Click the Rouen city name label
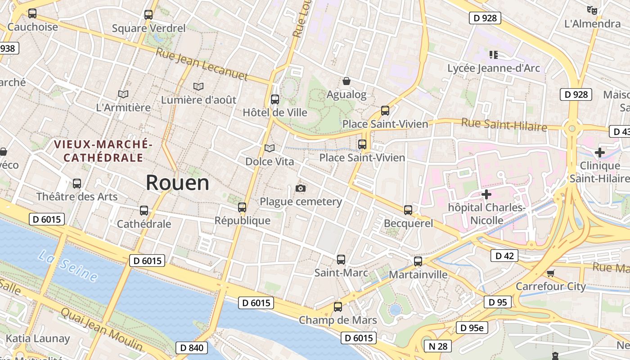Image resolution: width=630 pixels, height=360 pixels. tap(177, 183)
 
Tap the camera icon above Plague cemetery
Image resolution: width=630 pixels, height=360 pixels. tap(301, 188)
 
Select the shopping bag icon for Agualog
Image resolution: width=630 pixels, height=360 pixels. tap(346, 81)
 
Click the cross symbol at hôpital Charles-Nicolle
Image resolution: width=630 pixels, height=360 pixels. tap(486, 194)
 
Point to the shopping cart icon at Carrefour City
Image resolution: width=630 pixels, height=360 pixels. tap(550, 273)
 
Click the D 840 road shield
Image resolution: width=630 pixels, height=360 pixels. tap(192, 348)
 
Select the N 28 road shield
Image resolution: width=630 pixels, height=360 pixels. tap(438, 346)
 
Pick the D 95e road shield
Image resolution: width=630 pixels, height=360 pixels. tap(472, 328)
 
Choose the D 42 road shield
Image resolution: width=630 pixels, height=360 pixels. tap(504, 256)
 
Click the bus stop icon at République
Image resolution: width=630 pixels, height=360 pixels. tap(242, 207)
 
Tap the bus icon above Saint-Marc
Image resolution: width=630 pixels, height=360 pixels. tap(341, 260)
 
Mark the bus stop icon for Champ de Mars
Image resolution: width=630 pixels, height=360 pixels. tap(338, 307)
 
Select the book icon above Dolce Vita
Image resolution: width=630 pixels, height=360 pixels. tap(270, 148)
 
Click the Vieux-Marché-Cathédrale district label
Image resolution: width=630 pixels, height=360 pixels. tap(103, 151)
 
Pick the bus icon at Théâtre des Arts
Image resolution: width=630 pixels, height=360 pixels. tap(77, 184)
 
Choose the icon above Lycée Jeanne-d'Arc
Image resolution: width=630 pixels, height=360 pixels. tap(494, 55)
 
